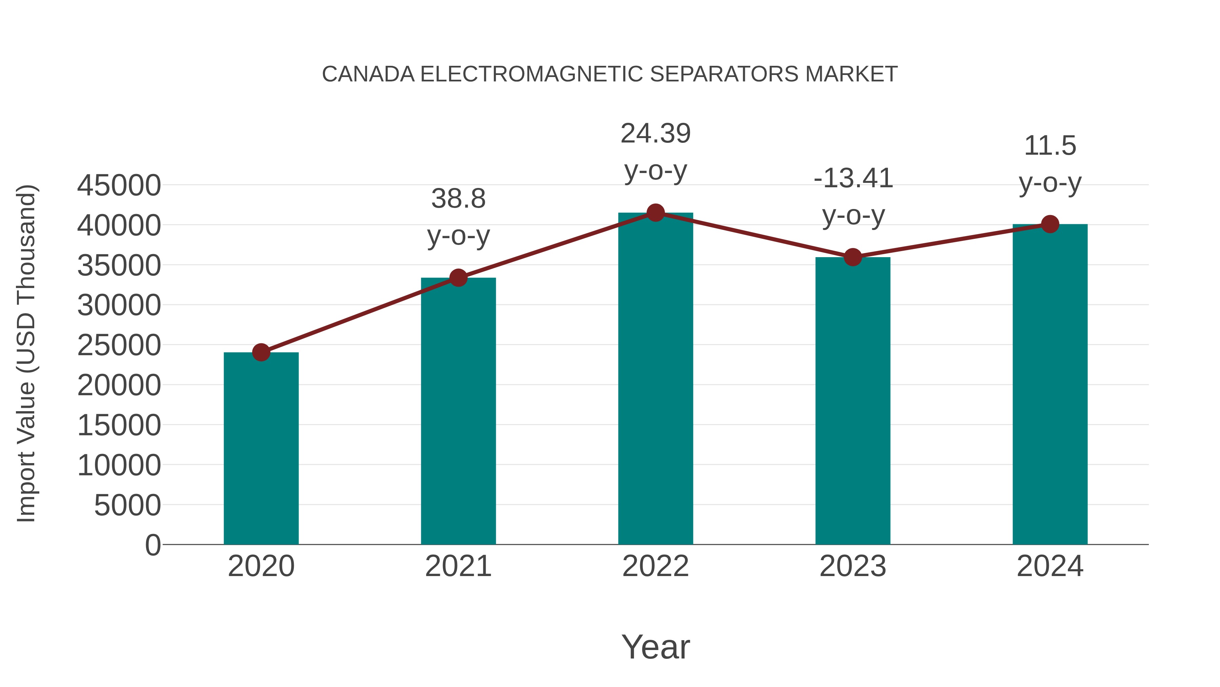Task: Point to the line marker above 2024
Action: point(1050,224)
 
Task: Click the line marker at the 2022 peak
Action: point(655,213)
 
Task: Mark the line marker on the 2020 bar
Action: point(261,352)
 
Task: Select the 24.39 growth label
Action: point(655,134)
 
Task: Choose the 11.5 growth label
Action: point(1050,146)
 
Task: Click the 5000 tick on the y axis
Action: point(127,505)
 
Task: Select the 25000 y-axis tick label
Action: point(119,346)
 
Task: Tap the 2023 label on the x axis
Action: point(853,566)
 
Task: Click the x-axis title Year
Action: point(655,647)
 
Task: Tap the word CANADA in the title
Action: point(368,74)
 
